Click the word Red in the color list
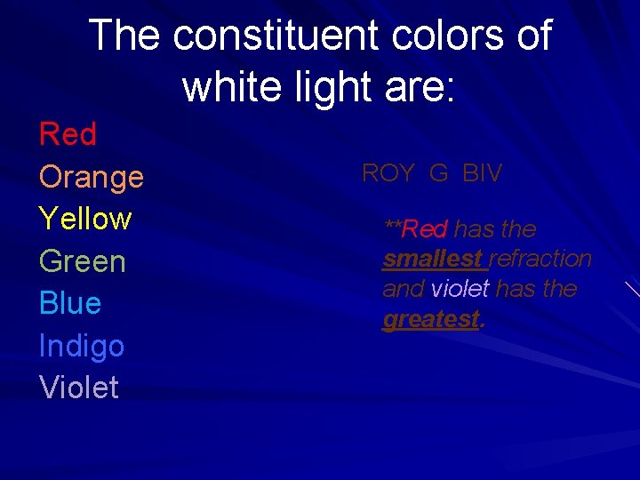tap(68, 135)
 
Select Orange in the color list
tap(92, 177)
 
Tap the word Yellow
tap(85, 219)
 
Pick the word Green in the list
tap(83, 261)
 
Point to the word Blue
tap(70, 303)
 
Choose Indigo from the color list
tap(82, 346)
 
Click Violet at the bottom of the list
tap(79, 388)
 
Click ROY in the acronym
tap(388, 173)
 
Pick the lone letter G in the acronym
tap(438, 173)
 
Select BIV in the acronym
tap(483, 173)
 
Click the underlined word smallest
tap(434, 260)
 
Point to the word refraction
tap(540, 260)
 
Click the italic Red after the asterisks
tap(425, 229)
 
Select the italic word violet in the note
tap(460, 290)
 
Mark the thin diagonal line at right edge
tap(631, 288)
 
